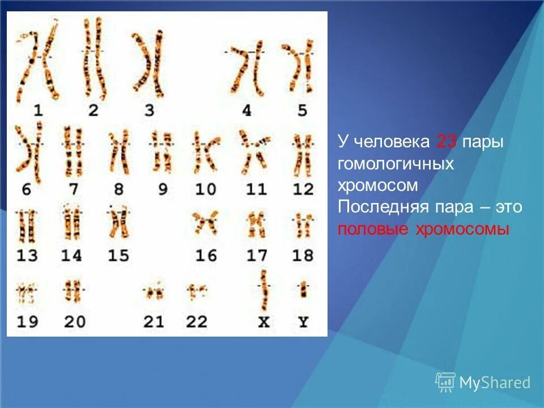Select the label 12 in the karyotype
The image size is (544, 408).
tap(303, 189)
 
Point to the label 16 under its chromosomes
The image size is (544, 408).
tap(206, 256)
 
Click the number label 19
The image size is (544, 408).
tap(27, 322)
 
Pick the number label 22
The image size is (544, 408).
tap(196, 322)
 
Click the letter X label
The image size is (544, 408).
tap(263, 322)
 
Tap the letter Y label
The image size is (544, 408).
tap(304, 322)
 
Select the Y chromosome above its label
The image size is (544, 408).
tap(304, 290)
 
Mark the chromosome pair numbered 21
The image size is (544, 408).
tap(153, 292)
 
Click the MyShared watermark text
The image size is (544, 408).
tap(494, 383)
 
